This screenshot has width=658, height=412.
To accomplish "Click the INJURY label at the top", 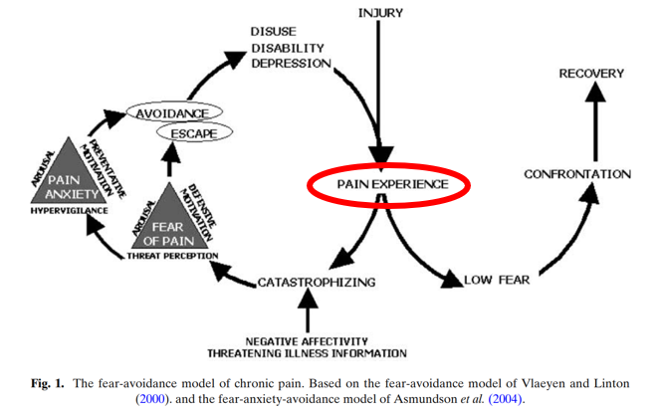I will [x=381, y=12].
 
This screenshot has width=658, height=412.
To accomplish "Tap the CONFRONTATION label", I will [x=576, y=174].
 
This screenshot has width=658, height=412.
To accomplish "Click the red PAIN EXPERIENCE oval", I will [x=391, y=185].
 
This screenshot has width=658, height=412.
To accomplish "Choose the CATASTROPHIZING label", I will [x=317, y=282].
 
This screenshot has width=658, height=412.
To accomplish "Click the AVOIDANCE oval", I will [x=172, y=112].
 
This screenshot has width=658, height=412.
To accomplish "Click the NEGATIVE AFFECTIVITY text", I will [x=307, y=340].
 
